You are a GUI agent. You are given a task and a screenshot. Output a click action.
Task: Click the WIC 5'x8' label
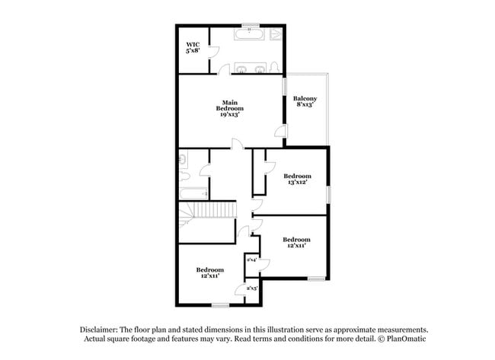(193, 48)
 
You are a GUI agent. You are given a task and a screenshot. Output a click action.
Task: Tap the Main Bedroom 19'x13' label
(231, 107)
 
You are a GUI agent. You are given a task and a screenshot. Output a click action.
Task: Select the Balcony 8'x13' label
(305, 101)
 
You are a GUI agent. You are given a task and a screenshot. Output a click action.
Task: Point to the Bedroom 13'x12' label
(297, 179)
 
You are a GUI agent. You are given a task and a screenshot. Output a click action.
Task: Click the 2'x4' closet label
(251, 260)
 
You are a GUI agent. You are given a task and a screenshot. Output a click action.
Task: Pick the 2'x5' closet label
(251, 288)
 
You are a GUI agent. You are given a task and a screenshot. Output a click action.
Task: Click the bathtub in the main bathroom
(249, 35)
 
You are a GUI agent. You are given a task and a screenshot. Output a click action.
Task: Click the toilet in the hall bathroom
(184, 160)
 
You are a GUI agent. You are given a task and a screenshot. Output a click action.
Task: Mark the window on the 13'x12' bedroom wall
(328, 195)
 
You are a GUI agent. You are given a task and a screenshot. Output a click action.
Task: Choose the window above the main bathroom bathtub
(249, 25)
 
